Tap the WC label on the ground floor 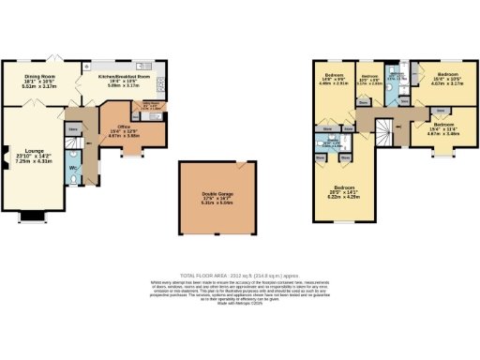[73, 168]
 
